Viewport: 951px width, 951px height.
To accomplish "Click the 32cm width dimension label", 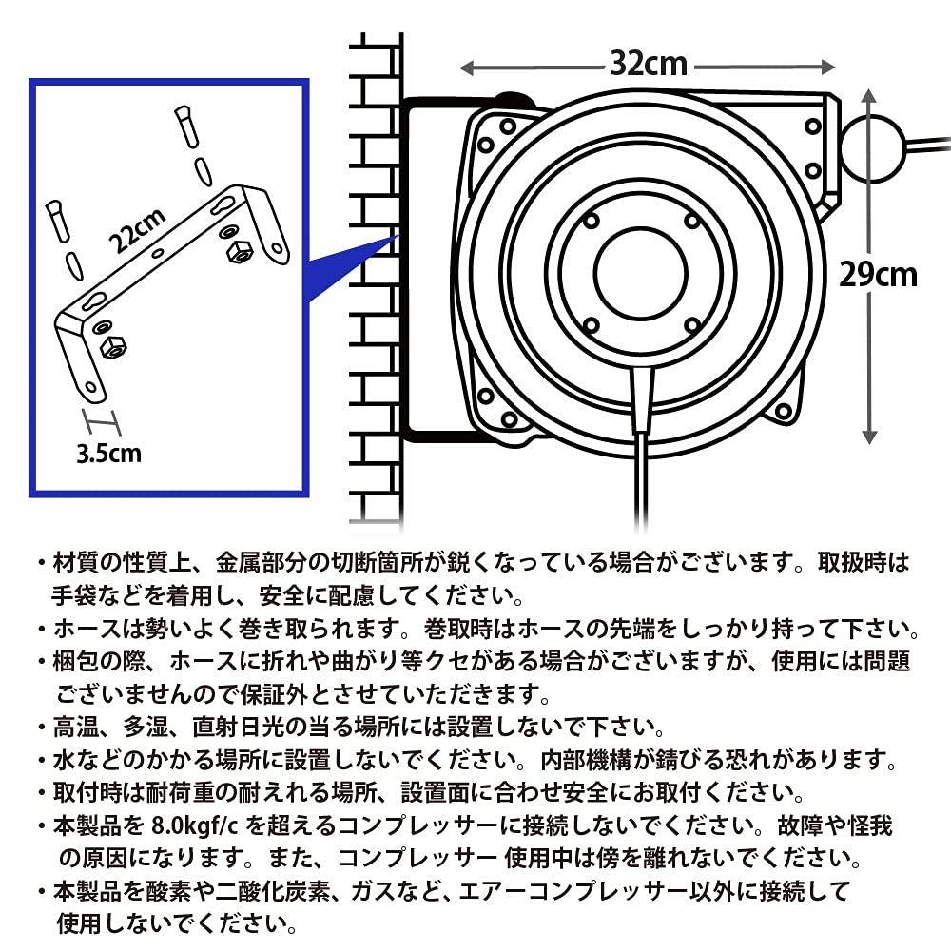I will point(648,65).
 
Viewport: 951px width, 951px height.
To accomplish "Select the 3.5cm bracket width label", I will point(107,452).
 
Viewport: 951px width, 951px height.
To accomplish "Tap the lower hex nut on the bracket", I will point(114,347).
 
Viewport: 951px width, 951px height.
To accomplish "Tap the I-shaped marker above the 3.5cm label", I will point(99,420).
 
